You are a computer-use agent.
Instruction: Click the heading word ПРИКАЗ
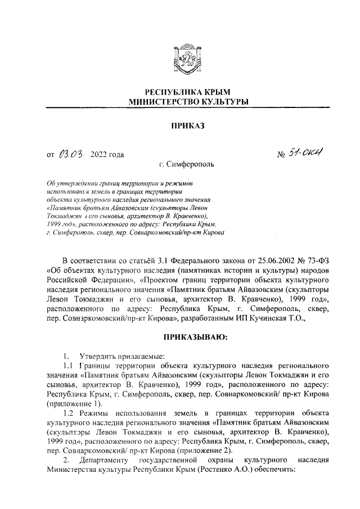(180, 128)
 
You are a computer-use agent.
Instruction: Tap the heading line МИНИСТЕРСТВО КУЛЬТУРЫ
(180, 102)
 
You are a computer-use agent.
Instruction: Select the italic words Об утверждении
(75, 183)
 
